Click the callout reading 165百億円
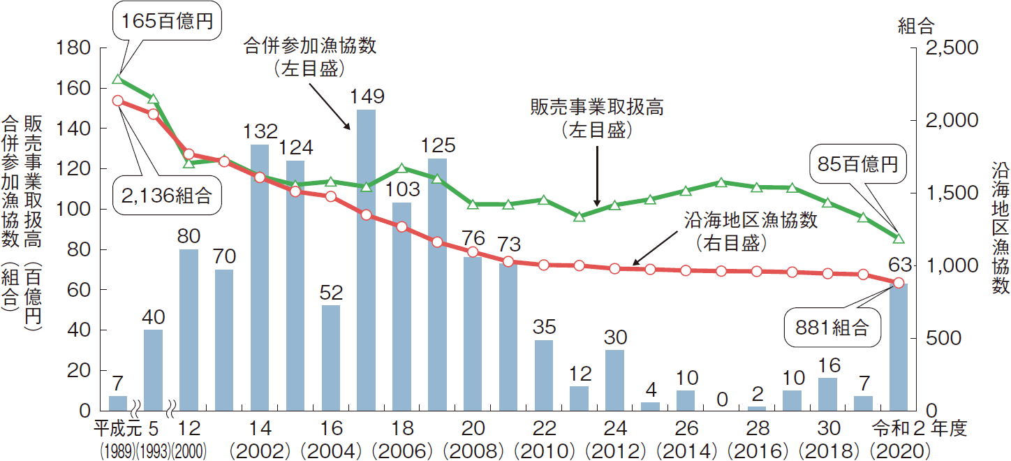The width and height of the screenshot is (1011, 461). [x=167, y=22]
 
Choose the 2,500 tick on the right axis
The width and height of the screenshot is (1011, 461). [x=950, y=47]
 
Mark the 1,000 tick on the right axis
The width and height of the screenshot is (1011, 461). [x=950, y=265]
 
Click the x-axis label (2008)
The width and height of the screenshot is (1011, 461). [x=473, y=449]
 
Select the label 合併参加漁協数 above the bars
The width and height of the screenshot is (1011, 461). [x=309, y=46]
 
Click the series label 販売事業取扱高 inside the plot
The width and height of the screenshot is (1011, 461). [x=596, y=108]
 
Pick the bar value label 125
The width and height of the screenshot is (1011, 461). [x=438, y=145]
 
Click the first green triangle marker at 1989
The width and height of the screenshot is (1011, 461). [x=118, y=78]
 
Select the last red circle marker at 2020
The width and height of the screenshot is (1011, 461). [x=899, y=283]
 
